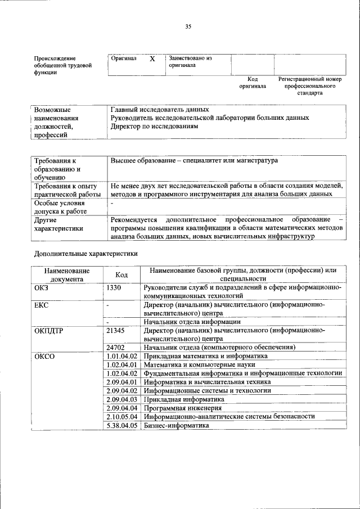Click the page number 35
click(188, 26)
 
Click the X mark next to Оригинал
click(152, 58)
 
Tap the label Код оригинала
click(253, 83)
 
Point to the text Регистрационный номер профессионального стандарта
click(310, 86)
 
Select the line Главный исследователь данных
click(160, 110)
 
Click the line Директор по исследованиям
click(155, 127)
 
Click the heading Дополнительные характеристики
click(85, 254)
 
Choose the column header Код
click(121, 274)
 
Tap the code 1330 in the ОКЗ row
click(114, 287)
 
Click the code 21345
click(115, 331)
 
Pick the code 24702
click(115, 348)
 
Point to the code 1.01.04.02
click(122, 357)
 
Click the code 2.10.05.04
click(122, 416)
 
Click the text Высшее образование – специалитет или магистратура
click(194, 161)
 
